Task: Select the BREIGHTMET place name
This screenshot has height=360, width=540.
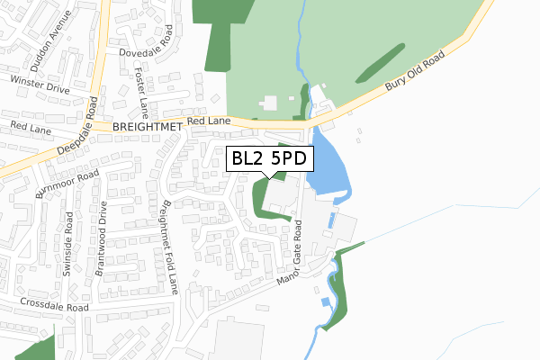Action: point(148,128)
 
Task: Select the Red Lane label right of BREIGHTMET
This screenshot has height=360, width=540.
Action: point(209,120)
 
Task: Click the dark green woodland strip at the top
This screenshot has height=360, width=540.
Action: point(219,36)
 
